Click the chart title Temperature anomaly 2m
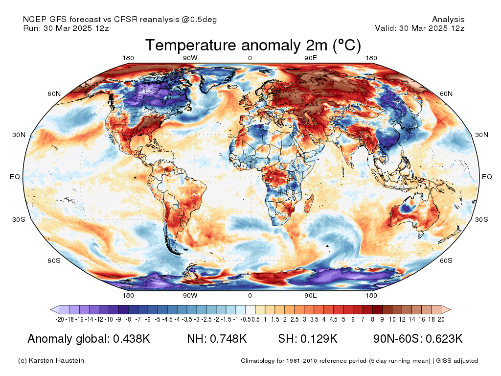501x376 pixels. [253, 46]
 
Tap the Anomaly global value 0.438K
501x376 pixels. [132, 339]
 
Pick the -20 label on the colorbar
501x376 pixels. [60, 319]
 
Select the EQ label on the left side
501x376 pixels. [15, 177]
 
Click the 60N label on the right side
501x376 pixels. [446, 94]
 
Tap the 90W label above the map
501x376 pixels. [190, 58]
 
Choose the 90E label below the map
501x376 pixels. [311, 295]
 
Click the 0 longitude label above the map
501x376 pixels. [250, 58]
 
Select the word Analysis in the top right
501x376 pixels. [448, 19]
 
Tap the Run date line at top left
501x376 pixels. [66, 28]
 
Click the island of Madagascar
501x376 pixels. [308, 203]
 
